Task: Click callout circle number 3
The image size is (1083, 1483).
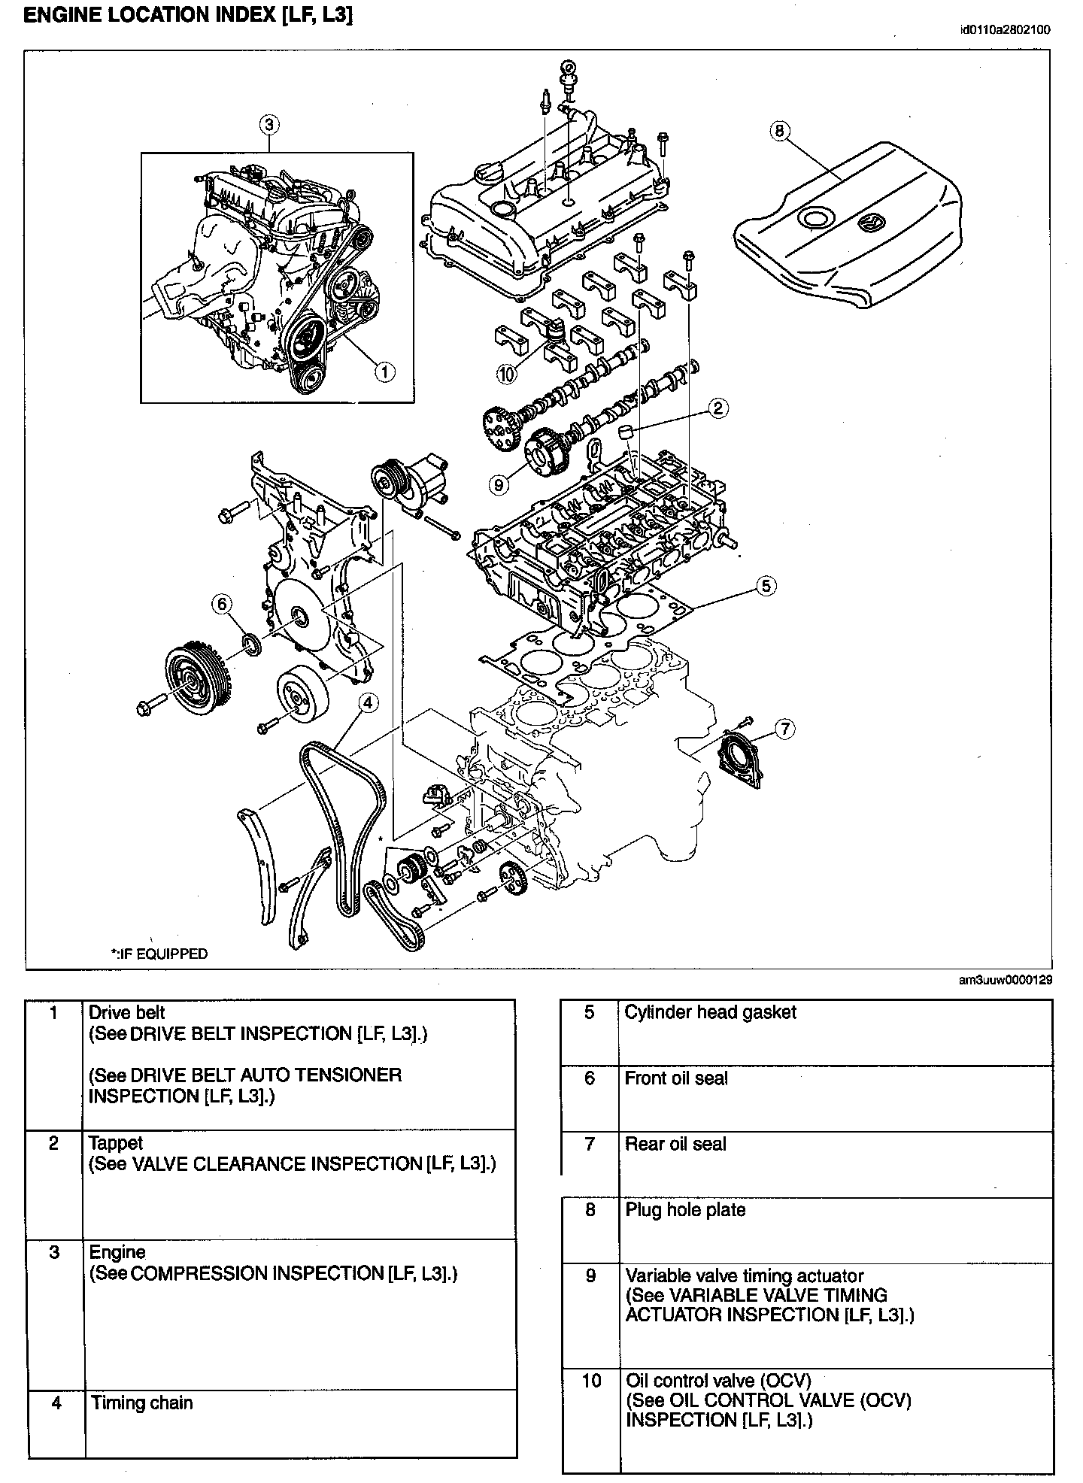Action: tap(270, 123)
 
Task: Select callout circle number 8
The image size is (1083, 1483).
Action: tap(779, 131)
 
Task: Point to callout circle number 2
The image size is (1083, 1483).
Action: tap(717, 408)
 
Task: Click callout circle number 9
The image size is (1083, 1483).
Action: tap(499, 484)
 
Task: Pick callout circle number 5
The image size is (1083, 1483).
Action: tap(765, 585)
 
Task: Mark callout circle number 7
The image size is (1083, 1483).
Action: tap(784, 728)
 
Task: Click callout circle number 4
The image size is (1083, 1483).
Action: tap(367, 702)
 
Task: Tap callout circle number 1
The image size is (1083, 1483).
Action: tap(384, 370)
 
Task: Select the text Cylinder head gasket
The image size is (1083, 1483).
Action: tap(710, 1012)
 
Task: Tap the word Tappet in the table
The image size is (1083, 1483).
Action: tap(116, 1144)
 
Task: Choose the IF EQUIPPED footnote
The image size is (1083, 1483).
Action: tap(159, 954)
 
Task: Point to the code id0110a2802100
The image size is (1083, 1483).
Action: tap(1006, 30)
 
